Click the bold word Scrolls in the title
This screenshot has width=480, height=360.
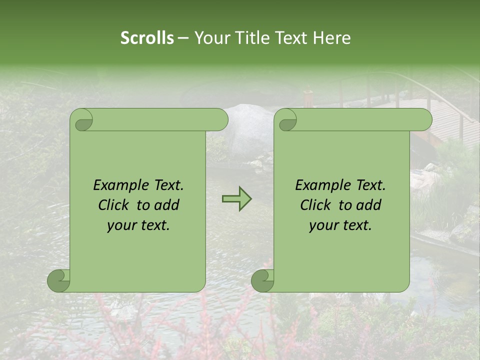pos(147,38)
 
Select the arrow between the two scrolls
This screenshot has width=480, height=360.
pos(236,199)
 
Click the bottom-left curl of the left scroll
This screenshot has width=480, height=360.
pos(59,280)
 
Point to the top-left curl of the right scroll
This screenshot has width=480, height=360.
pos(287,120)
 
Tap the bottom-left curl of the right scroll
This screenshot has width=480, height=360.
pos(263,280)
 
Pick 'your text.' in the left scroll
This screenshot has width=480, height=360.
pos(138,225)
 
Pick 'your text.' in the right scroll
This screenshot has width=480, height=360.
pos(340,225)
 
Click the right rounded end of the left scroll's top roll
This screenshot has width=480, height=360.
pos(220,120)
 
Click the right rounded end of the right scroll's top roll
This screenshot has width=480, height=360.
pos(424,120)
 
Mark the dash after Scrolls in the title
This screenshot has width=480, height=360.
pos(183,38)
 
